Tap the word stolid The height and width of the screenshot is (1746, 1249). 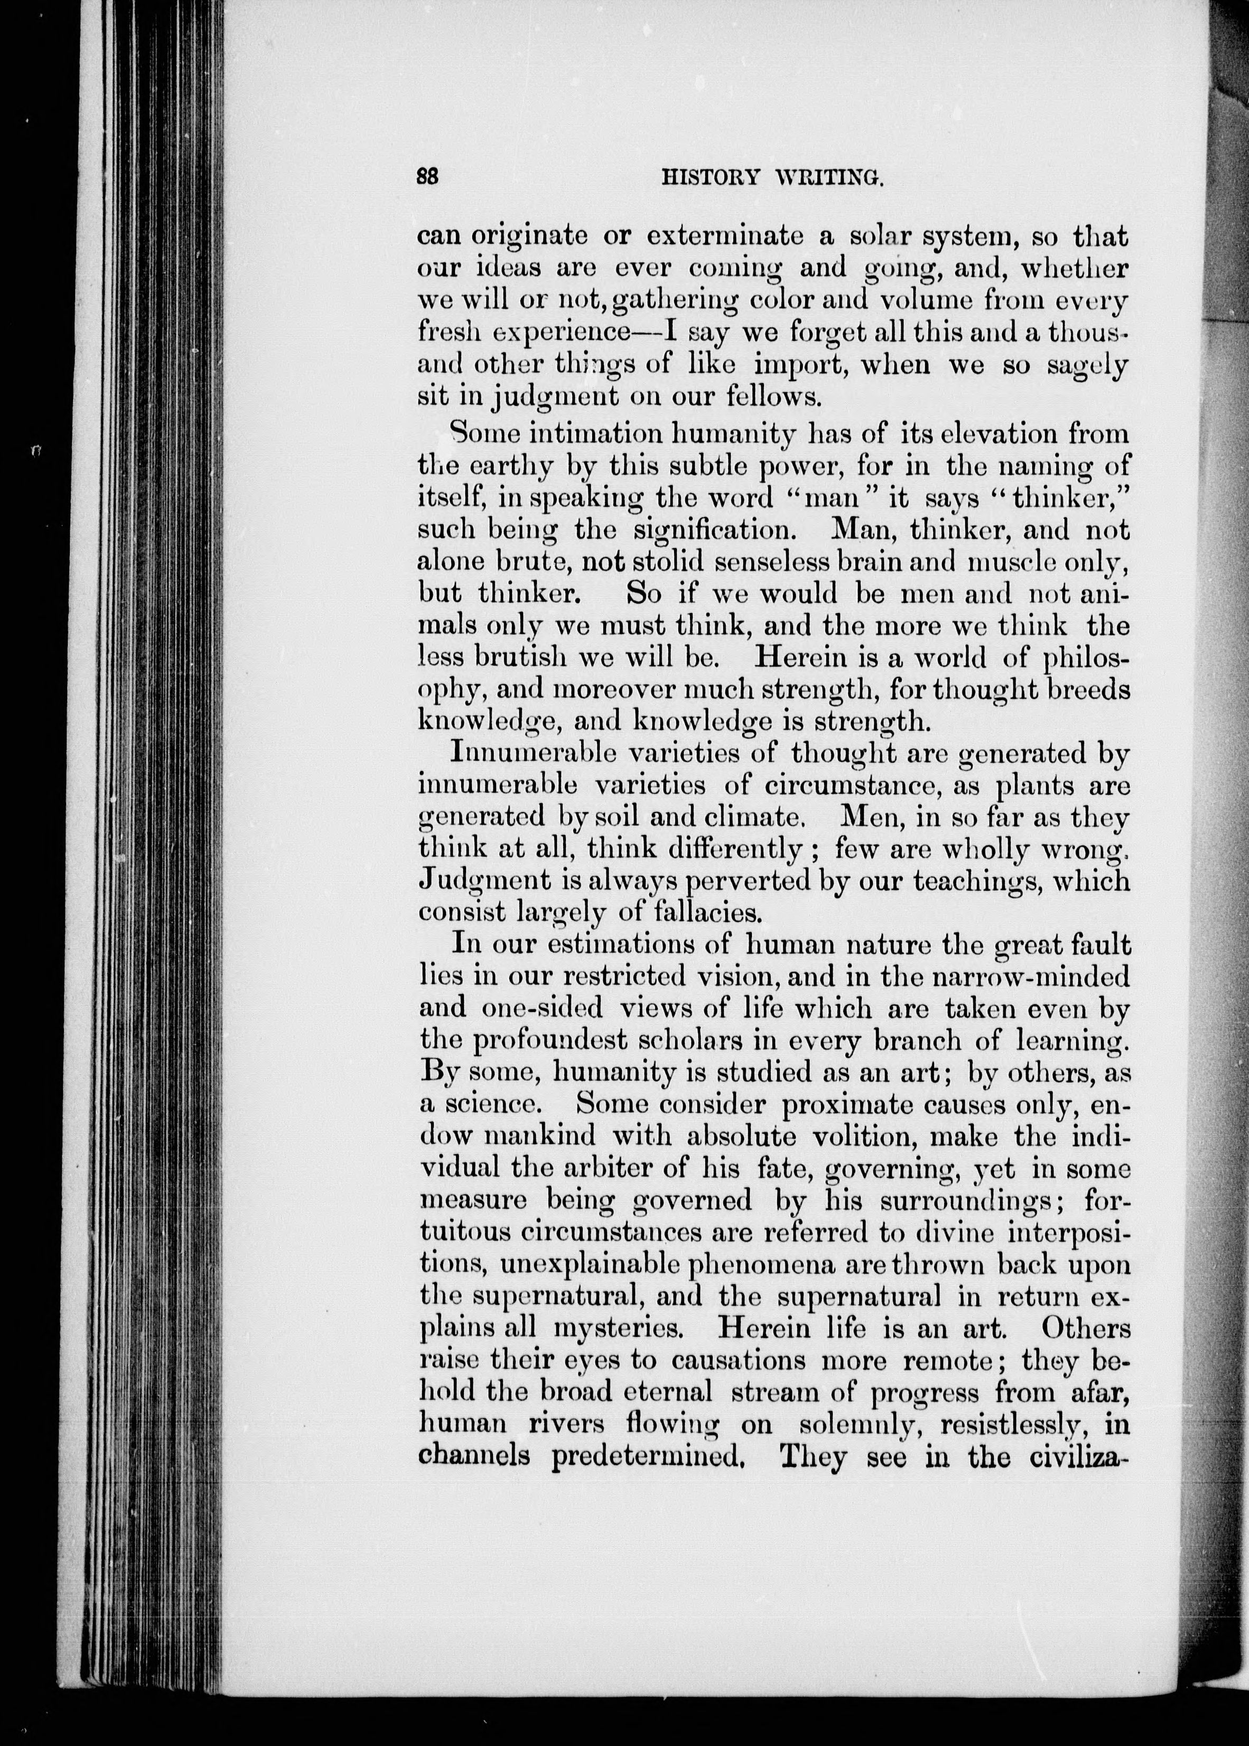click(669, 562)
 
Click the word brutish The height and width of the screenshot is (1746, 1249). click(520, 658)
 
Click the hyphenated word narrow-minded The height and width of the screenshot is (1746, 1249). click(1014, 976)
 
